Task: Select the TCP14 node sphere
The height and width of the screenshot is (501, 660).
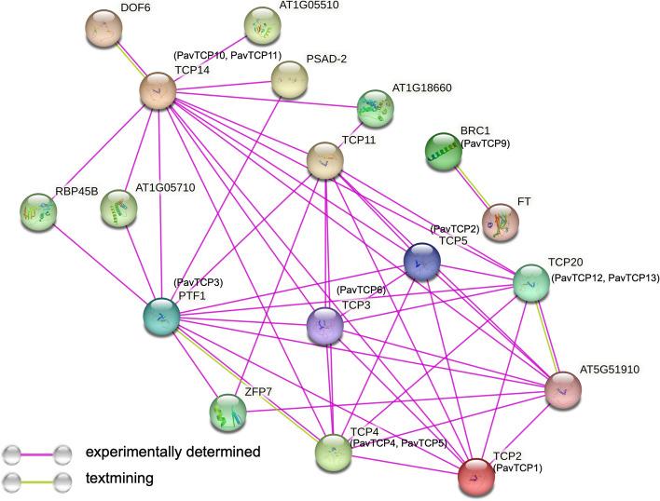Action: [x=158, y=90]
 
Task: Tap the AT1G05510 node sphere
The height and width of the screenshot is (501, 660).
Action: [x=262, y=28]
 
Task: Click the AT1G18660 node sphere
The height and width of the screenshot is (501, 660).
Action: [x=375, y=108]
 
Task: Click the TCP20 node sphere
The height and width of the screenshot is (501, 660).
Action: [x=530, y=282]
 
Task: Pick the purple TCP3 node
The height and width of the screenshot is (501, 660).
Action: [x=325, y=327]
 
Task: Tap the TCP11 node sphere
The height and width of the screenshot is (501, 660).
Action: [x=325, y=161]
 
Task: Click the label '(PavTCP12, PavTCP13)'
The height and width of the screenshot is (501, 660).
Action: [x=604, y=278]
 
